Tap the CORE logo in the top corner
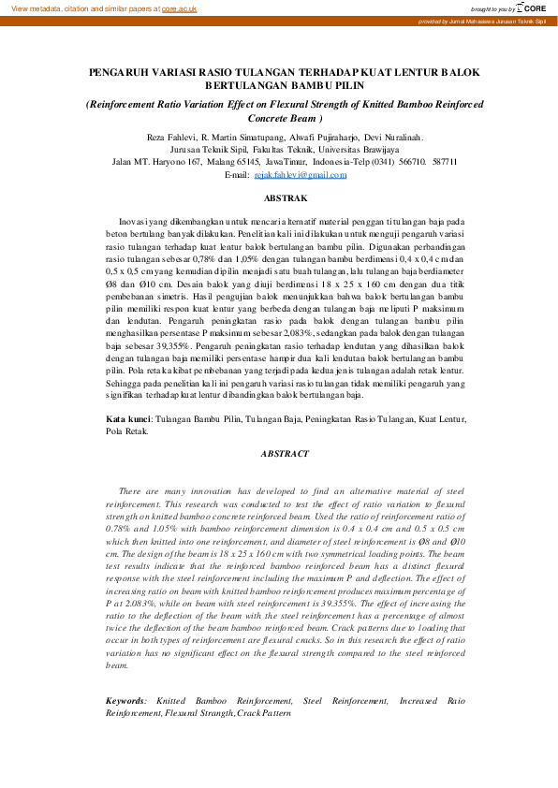[532, 7]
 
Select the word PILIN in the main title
[343, 84]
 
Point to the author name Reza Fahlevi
[171, 138]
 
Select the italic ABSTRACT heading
[285, 454]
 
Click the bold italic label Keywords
[125, 700]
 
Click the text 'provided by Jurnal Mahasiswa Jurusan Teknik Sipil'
[481, 21]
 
